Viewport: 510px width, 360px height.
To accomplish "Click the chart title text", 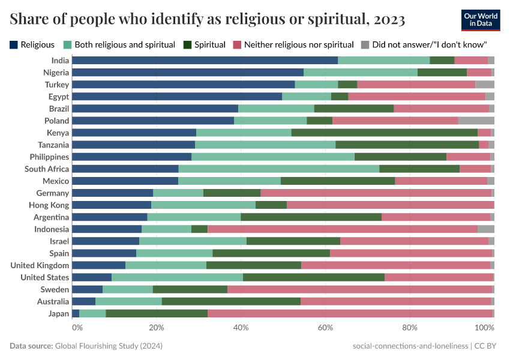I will click(207, 20).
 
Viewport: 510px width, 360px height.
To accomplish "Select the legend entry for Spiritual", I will click(205, 44).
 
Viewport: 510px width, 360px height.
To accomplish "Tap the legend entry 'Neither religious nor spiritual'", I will click(293, 44).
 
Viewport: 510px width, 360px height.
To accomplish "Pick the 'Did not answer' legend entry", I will click(424, 44).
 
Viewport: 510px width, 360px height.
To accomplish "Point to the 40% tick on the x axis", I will click(241, 328).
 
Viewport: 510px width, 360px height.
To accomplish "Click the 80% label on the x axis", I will click(410, 328).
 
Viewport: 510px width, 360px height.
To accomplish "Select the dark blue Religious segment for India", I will click(205, 60).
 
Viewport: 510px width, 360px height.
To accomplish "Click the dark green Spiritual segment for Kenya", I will click(384, 133).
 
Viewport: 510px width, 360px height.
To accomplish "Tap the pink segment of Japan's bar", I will click(350, 313).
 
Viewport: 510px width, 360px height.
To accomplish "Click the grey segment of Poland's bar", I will click(476, 121).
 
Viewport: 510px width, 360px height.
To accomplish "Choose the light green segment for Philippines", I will click(272, 157).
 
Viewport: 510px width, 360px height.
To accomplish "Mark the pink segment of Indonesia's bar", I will click(342, 229).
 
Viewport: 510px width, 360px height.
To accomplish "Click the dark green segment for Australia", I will click(231, 301).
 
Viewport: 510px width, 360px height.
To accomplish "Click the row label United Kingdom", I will click(40, 265).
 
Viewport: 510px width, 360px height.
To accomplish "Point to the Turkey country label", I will click(57, 85).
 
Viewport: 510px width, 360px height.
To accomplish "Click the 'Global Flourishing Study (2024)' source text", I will click(109, 346).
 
